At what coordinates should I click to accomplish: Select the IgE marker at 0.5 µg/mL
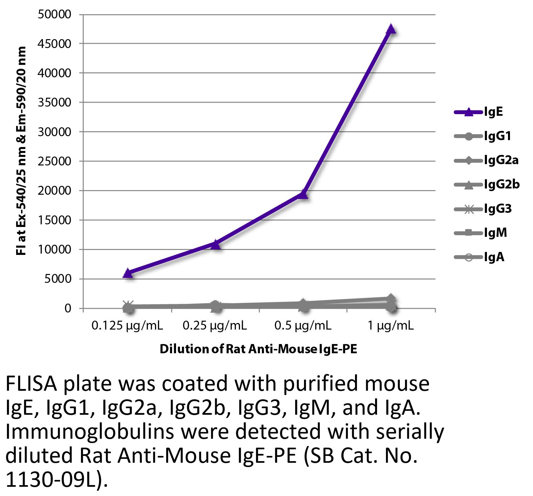click(x=303, y=194)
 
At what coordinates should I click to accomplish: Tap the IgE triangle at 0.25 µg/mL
click(x=216, y=244)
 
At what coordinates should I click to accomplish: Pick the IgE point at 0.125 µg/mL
click(x=128, y=273)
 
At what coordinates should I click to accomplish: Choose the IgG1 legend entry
click(x=497, y=136)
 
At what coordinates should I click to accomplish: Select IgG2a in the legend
click(x=501, y=161)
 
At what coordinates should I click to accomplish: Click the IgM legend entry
click(x=495, y=233)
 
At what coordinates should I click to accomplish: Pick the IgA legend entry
click(x=494, y=257)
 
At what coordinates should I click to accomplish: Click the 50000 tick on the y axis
click(x=55, y=14)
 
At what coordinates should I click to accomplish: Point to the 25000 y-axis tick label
click(x=55, y=161)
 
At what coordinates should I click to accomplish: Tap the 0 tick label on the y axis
click(x=68, y=309)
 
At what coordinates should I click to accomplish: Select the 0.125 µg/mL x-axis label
click(x=127, y=326)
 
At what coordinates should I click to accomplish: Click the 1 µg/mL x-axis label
click(x=391, y=326)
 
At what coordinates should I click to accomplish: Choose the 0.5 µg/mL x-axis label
click(x=303, y=326)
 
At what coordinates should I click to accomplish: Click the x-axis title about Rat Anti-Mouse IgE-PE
click(x=258, y=349)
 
